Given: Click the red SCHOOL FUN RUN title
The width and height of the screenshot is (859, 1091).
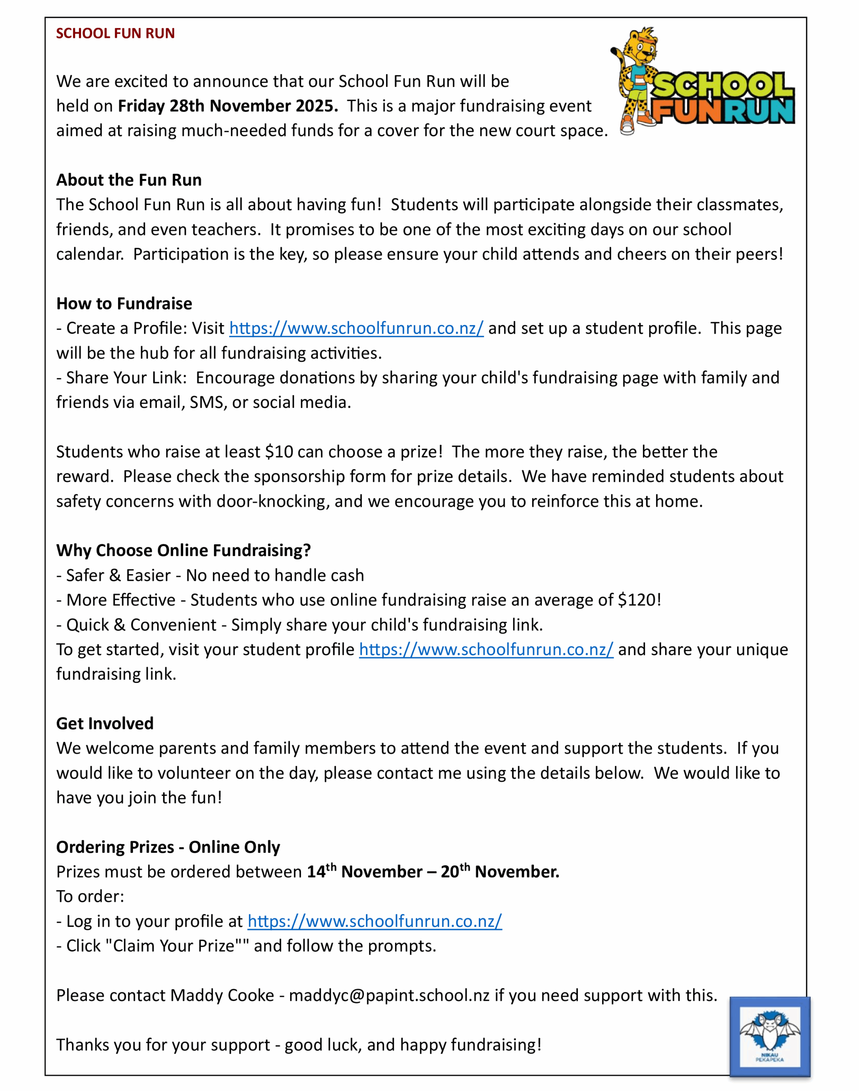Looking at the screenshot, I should click(115, 33).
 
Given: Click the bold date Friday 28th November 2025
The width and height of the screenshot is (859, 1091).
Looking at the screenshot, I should click(228, 106).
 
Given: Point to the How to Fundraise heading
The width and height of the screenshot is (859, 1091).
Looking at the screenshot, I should click(124, 303).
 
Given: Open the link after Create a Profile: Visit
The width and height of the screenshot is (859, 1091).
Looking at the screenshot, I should click(356, 329).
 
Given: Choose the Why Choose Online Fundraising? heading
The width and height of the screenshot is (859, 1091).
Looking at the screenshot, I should click(184, 550).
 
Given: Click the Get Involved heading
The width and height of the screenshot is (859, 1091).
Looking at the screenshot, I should click(105, 723).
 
